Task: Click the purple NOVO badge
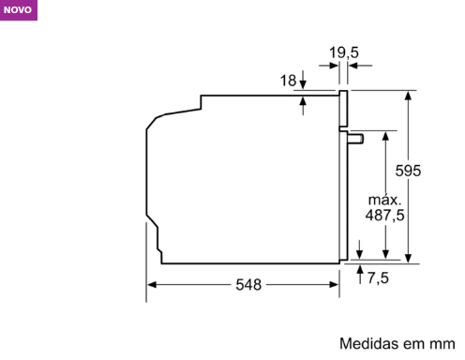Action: [19, 10]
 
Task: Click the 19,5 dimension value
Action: [344, 52]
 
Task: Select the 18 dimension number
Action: [288, 81]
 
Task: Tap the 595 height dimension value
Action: [408, 171]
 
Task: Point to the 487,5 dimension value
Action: [384, 216]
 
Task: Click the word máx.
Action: [384, 200]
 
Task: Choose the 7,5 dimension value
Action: [378, 277]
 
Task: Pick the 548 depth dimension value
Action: [248, 285]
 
